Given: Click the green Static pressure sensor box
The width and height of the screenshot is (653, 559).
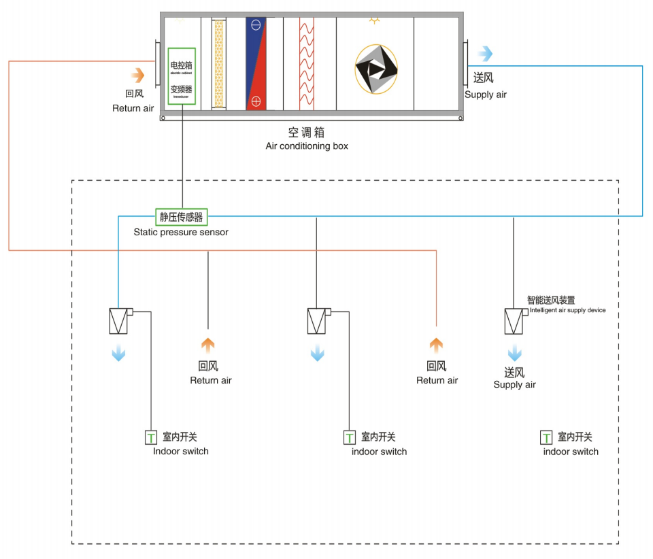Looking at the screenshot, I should click(x=181, y=217).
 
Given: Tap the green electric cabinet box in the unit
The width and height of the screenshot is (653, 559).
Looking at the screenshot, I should click(x=182, y=76).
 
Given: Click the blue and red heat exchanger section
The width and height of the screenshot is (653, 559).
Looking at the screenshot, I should click(x=256, y=64).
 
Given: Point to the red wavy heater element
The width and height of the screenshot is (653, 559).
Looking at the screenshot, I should click(x=307, y=64).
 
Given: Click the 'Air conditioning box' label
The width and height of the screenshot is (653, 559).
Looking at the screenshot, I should click(x=307, y=146).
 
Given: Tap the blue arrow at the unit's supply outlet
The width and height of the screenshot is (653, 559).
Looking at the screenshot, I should click(x=485, y=54).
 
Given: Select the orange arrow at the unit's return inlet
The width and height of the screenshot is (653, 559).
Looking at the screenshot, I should click(x=138, y=74).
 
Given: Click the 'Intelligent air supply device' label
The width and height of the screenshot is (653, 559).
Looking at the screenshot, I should click(x=567, y=310).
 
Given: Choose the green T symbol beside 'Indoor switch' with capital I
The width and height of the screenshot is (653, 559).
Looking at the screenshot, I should click(x=151, y=437).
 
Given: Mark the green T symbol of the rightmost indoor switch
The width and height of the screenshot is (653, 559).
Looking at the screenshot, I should click(x=546, y=437).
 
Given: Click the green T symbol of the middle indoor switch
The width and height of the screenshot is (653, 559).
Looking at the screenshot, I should click(x=350, y=437).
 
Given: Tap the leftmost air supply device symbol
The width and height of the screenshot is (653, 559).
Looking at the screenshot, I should click(x=119, y=321).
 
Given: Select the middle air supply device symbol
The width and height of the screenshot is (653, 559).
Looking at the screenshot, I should click(x=317, y=321).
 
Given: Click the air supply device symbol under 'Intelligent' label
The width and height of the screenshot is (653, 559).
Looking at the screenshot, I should click(x=514, y=321).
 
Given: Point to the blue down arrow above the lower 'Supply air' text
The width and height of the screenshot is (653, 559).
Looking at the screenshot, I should click(x=515, y=353).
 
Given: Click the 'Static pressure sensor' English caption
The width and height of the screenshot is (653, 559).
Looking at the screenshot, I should click(x=181, y=232).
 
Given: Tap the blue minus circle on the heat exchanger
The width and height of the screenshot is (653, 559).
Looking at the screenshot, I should click(x=256, y=25).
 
